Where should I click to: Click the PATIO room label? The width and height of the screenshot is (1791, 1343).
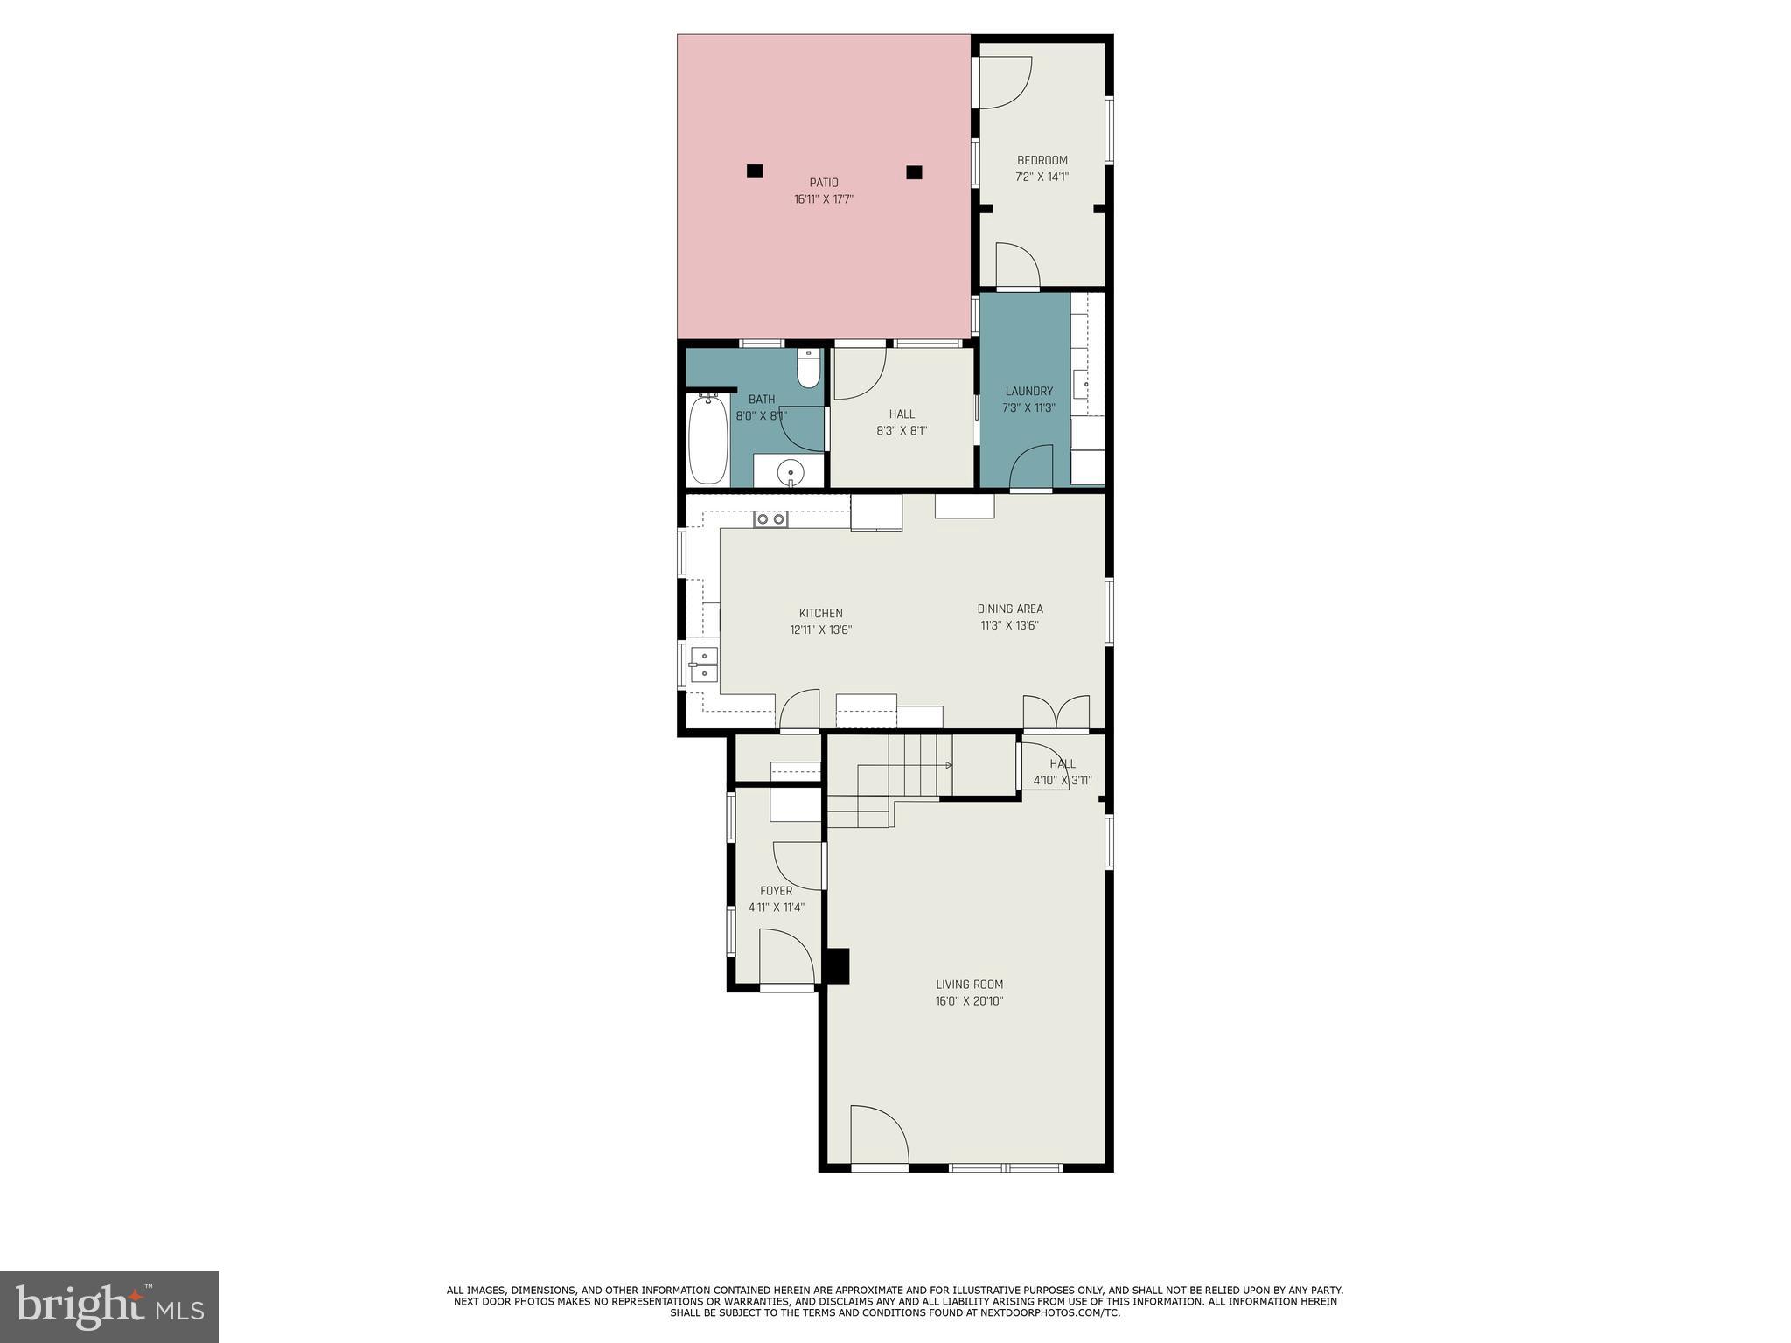coord(824,183)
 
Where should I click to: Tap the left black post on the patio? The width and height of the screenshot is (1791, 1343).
coord(755,171)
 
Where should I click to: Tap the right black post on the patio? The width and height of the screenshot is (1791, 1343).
coord(914,172)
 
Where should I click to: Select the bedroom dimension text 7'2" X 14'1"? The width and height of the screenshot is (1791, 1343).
coord(1042,177)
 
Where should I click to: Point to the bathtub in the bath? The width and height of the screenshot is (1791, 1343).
coord(707,439)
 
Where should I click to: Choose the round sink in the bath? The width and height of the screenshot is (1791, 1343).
coord(791,472)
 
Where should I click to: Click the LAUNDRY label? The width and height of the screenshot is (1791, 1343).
coord(1028,391)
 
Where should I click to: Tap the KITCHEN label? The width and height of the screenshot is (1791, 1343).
coord(821,613)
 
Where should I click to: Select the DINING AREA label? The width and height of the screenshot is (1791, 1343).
coord(1010,609)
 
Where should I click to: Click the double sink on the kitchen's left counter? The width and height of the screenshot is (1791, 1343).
coord(704,665)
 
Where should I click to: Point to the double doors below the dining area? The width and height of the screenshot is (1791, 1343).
coord(1056,713)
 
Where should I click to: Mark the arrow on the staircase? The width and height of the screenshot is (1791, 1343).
coord(948,766)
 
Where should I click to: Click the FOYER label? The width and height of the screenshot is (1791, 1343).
coord(776,891)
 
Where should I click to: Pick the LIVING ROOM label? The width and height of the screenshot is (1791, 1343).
coord(969,985)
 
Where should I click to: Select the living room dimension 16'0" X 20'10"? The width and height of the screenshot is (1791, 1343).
coord(969,1001)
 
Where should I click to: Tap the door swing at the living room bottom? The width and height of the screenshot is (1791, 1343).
coord(879,1136)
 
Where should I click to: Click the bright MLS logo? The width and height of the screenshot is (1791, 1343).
coord(109,1307)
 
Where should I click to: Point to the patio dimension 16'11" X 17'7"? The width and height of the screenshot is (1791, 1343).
coord(824,199)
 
